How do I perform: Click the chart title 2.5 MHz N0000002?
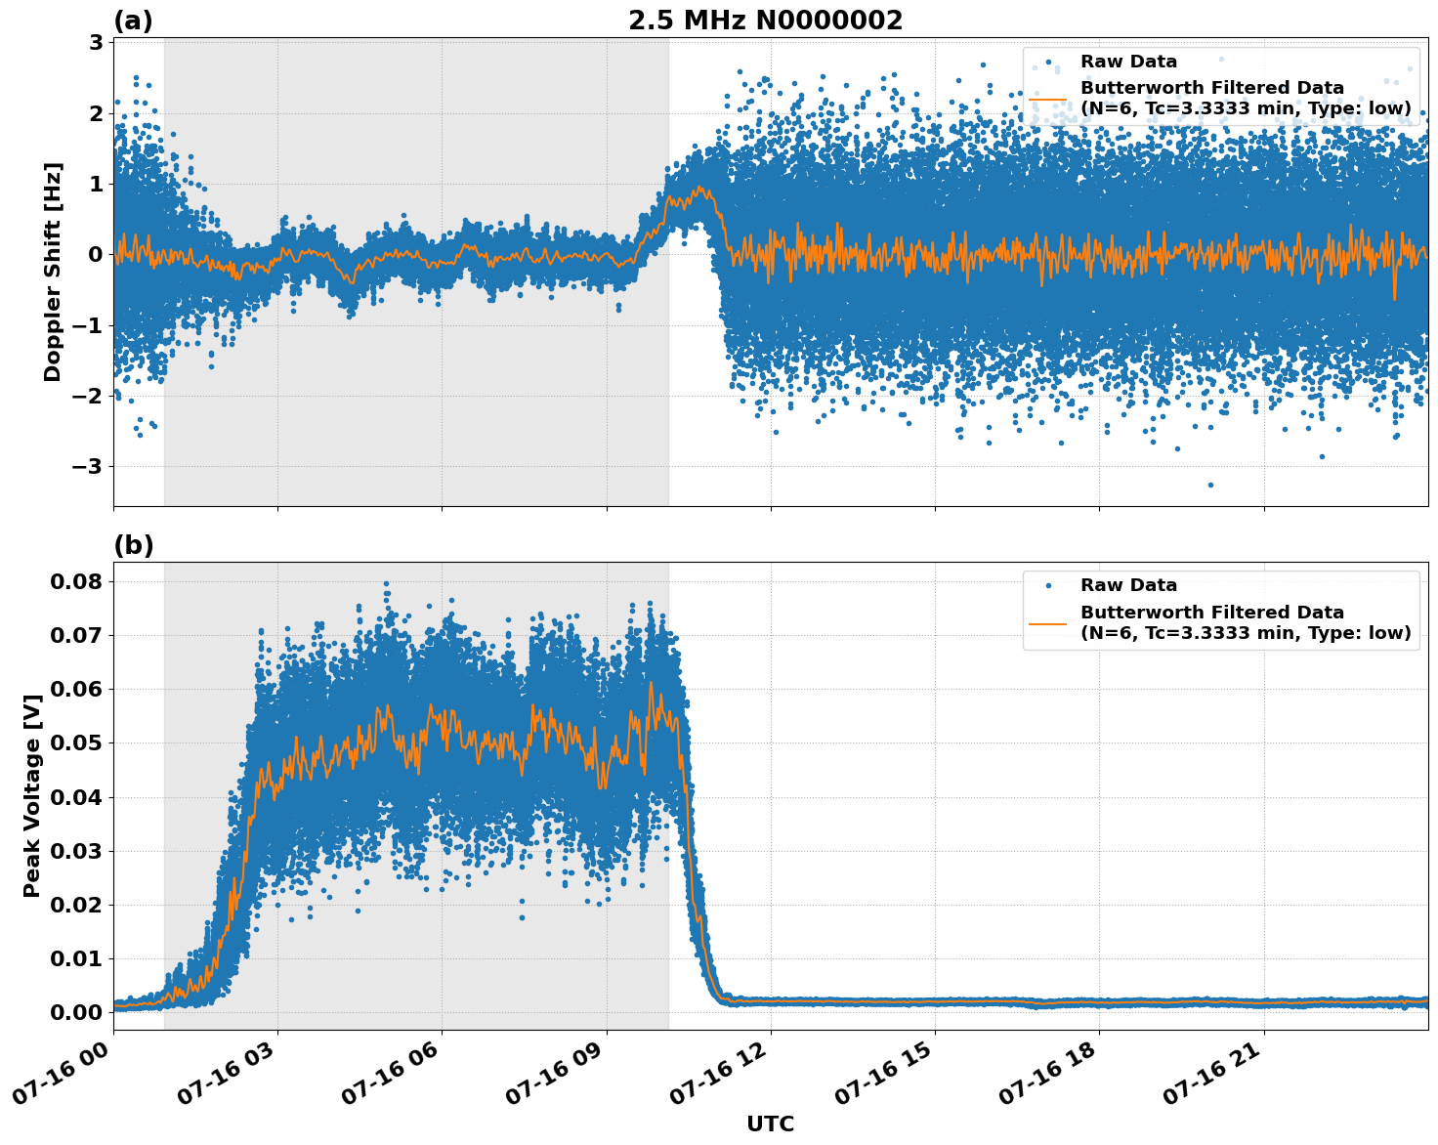coord(765,21)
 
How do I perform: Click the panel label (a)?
coord(133,21)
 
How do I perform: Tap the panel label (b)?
coord(133,545)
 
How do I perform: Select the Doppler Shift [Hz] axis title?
coord(53,272)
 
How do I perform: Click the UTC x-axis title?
coord(770,1124)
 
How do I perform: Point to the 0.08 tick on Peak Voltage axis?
coord(76,581)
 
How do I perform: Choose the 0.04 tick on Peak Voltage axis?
coord(76,797)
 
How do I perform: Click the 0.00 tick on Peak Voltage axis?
coord(76,1012)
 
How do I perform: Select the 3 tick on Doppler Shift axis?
coord(96,43)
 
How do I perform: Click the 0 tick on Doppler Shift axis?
coord(96,255)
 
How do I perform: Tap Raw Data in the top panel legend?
coord(1128,62)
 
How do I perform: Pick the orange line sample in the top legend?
coord(1048,98)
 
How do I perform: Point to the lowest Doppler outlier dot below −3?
coord(1210,485)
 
